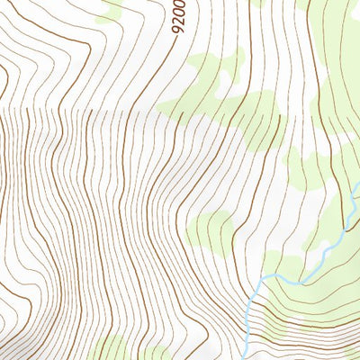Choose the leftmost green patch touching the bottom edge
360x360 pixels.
point(112,349)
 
